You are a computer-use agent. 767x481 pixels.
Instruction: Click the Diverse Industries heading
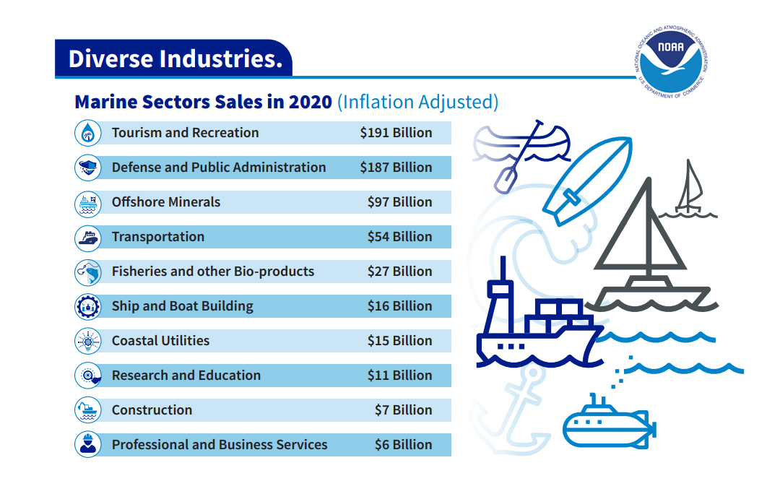(174, 58)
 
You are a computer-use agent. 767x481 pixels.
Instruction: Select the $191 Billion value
(396, 133)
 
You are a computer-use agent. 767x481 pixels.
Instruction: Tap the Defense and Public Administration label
(219, 168)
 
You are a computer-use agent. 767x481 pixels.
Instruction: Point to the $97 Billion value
(399, 202)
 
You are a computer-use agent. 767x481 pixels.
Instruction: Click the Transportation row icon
(88, 237)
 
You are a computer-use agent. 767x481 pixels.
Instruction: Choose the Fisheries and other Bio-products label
(213, 272)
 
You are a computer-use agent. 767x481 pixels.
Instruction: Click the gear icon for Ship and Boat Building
(88, 306)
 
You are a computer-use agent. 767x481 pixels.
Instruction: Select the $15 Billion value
(399, 341)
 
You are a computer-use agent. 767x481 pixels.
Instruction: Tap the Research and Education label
(186, 376)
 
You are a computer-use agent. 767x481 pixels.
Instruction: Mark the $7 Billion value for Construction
(403, 410)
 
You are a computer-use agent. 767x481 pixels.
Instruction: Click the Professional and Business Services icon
(88, 445)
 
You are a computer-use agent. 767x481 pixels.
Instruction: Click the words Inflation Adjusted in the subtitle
(417, 102)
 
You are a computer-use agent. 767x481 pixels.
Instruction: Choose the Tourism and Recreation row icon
(88, 133)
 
